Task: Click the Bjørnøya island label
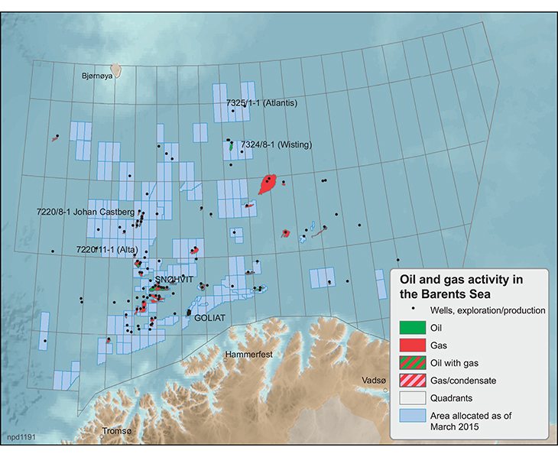pyautogui.click(x=97, y=76)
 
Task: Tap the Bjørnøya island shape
pyautogui.click(x=117, y=70)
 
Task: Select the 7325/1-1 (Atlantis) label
pyautogui.click(x=261, y=102)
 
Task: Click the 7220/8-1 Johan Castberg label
pyautogui.click(x=86, y=211)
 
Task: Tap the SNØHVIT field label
pyautogui.click(x=173, y=280)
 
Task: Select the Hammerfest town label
pyautogui.click(x=249, y=355)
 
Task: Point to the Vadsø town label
pyautogui.click(x=375, y=379)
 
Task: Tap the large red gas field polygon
pyautogui.click(x=268, y=184)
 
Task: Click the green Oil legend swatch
pyautogui.click(x=412, y=327)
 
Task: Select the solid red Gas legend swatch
pyautogui.click(x=412, y=345)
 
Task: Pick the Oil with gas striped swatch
pyautogui.click(x=412, y=362)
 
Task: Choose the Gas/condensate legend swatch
pyautogui.click(x=412, y=380)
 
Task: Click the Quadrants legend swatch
pyautogui.click(x=412, y=397)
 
